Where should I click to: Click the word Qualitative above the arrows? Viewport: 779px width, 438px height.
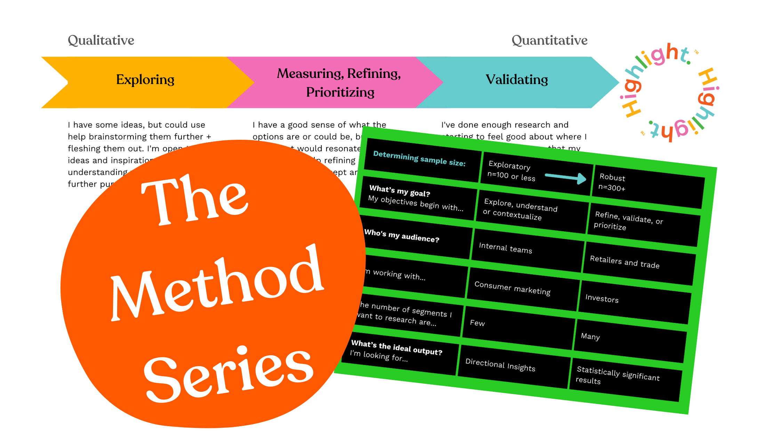[101, 40]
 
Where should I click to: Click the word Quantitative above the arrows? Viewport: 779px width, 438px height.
[549, 40]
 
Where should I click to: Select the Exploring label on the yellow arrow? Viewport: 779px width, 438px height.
[145, 80]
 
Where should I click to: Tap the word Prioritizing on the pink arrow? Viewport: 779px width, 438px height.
[340, 92]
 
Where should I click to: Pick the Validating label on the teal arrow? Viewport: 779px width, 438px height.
[516, 80]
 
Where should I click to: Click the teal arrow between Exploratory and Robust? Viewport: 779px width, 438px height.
[565, 178]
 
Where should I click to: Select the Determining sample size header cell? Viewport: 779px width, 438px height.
[419, 159]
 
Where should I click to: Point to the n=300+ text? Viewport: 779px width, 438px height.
[612, 188]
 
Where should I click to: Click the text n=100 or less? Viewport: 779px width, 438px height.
[511, 176]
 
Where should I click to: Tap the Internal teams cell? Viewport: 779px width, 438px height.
[505, 248]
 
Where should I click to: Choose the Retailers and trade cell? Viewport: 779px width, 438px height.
[625, 262]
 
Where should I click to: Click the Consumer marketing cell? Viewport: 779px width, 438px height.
[512, 288]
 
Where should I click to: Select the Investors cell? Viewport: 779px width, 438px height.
[602, 299]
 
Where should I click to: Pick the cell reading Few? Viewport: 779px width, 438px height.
[477, 323]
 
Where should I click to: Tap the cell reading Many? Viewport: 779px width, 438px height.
[590, 336]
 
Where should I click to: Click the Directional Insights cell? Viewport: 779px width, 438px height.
[500, 365]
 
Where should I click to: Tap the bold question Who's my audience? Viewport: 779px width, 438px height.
[401, 236]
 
